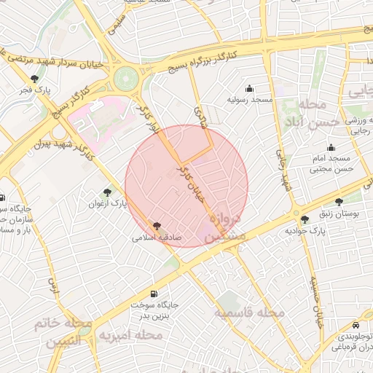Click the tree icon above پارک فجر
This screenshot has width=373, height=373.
point(34,79)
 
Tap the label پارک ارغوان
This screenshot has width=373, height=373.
point(108,204)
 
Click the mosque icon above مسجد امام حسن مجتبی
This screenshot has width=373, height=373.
point(331,148)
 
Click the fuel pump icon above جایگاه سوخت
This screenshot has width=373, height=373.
point(154,293)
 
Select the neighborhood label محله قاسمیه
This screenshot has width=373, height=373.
point(248,312)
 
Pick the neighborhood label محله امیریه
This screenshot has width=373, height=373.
point(138,334)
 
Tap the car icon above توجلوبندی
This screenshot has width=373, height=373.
point(354,325)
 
